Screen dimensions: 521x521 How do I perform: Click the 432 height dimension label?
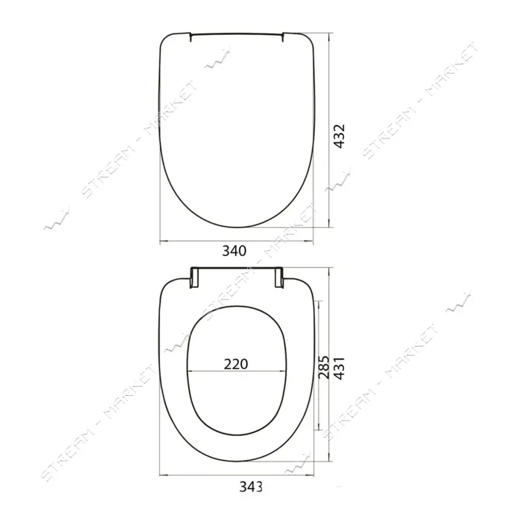(x=339, y=136)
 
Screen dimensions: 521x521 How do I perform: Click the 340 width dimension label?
(x=234, y=251)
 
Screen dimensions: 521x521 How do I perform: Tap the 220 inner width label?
(x=236, y=364)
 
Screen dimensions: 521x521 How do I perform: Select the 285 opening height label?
(x=323, y=367)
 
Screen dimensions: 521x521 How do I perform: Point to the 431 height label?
(x=339, y=368)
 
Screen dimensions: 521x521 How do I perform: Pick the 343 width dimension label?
(x=251, y=487)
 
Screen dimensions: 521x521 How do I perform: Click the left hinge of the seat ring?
(x=194, y=278)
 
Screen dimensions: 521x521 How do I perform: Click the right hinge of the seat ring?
(x=279, y=278)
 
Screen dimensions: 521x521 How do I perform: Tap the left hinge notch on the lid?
(x=191, y=37)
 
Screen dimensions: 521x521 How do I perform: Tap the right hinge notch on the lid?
(x=283, y=37)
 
